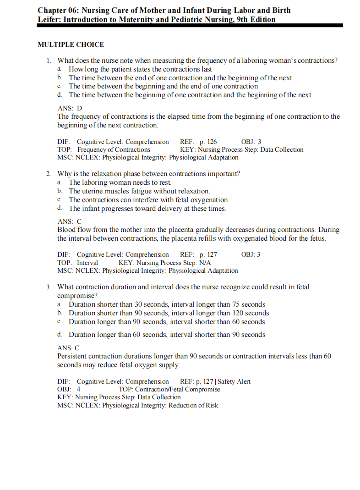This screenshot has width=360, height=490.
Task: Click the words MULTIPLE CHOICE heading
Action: tap(71, 44)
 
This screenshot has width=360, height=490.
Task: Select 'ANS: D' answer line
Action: tap(70, 108)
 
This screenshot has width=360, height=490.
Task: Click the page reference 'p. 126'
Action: tap(208, 142)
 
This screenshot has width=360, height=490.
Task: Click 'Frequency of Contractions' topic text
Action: tap(114, 149)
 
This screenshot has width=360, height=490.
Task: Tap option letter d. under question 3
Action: tap(60, 335)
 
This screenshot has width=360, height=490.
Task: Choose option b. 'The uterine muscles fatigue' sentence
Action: tap(139, 191)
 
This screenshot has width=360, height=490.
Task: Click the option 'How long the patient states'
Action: tap(140, 69)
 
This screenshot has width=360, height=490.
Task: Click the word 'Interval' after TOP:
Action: tap(87, 263)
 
